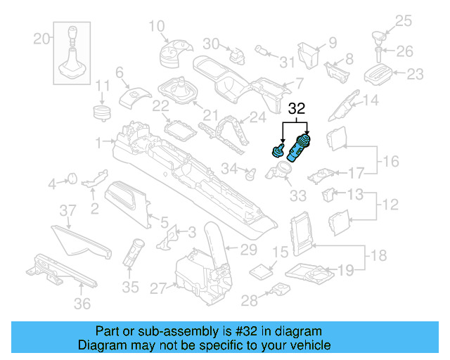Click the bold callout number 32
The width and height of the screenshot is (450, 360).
tap(297, 109)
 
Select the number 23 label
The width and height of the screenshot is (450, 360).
tap(416, 72)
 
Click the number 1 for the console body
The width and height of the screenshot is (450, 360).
tap(99, 141)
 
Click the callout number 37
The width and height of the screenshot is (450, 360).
tap(66, 211)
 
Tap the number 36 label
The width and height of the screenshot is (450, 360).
tap(82, 304)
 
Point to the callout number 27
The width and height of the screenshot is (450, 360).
tap(157, 287)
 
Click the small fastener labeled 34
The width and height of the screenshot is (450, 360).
tap(248, 171)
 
